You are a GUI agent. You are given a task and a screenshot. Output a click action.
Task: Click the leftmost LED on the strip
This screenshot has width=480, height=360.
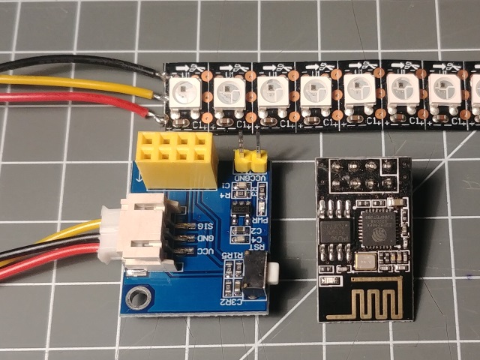[182, 93]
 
